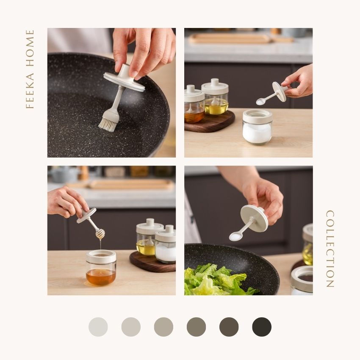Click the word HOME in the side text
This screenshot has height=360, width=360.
coord(30,48)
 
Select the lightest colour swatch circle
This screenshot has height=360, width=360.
coord(98,327)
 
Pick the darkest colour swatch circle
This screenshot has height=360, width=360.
coord(262,327)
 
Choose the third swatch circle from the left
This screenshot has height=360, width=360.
coord(163,327)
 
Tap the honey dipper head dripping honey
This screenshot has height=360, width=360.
coord(100,234)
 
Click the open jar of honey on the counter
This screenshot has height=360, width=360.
coord(101,268)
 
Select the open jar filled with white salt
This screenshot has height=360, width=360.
coord(258,127)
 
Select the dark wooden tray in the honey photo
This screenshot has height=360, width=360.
coord(152,261)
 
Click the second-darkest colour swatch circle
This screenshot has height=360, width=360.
coord(229,327)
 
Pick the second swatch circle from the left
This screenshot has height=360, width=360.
coord(131,327)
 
